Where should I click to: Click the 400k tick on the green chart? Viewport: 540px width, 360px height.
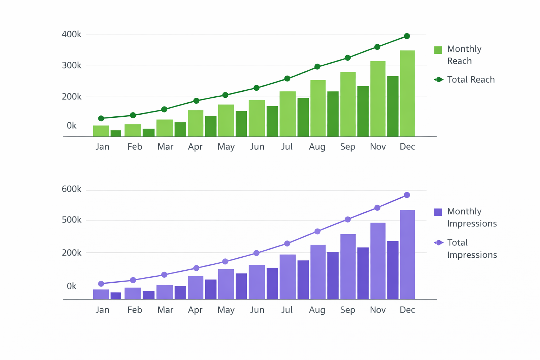coord(71,34)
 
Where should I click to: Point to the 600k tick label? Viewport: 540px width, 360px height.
coord(71,189)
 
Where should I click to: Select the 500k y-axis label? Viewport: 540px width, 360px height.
coord(71,220)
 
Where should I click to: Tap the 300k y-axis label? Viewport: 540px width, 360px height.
coord(71,65)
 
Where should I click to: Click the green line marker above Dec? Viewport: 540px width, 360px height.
coord(407,36)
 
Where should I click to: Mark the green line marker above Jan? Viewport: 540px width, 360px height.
coord(101,118)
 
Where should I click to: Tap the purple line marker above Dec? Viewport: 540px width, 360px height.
coord(407,195)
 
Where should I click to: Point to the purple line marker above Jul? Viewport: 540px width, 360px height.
coord(287,244)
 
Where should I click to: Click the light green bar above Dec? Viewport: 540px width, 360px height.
coord(407,93)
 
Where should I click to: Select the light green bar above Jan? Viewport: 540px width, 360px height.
coord(101,131)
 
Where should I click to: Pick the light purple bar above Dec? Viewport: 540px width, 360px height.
coord(407,255)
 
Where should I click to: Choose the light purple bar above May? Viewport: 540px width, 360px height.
coord(226,284)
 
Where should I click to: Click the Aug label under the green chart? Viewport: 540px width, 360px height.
coord(317,147)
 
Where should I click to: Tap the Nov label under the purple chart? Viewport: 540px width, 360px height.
coord(378,310)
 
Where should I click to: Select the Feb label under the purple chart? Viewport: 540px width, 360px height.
coord(135,310)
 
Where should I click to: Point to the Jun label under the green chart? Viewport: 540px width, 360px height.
coord(257,147)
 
